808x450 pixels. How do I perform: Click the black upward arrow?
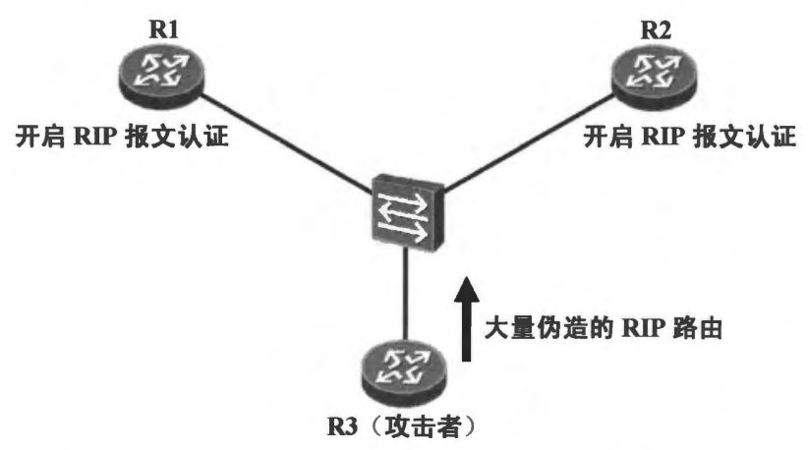point(470,323)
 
